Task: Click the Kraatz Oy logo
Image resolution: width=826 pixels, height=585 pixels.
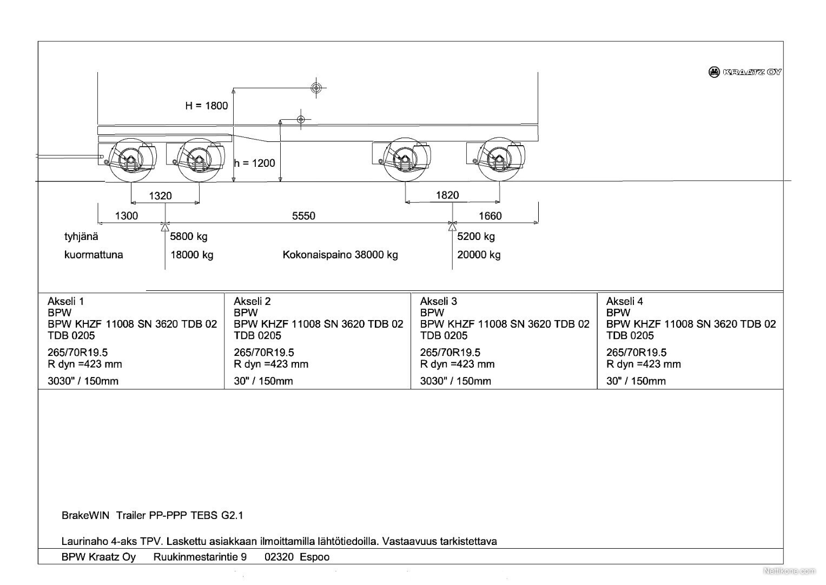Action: (x=744, y=72)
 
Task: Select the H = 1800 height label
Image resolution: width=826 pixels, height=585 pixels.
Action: (x=206, y=106)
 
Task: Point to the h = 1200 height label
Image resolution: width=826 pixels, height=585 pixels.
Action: (x=254, y=163)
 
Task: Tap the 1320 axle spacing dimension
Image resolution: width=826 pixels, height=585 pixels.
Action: (x=161, y=196)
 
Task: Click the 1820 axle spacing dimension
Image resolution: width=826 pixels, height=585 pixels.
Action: (x=447, y=195)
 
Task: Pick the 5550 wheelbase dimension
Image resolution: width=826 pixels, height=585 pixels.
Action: (x=303, y=216)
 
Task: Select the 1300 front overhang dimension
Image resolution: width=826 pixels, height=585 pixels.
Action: (x=127, y=216)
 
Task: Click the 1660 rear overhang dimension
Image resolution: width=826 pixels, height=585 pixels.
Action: (x=490, y=216)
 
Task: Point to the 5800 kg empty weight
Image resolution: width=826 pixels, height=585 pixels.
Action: (x=188, y=236)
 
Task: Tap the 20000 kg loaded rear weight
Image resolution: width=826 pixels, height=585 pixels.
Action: (x=479, y=255)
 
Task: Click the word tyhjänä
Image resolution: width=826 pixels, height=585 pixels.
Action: (x=81, y=236)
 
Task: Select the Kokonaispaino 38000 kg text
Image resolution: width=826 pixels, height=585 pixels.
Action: (x=340, y=255)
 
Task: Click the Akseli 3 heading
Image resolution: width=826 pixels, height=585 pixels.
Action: (x=439, y=301)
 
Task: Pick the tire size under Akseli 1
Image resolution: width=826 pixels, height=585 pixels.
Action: (x=77, y=352)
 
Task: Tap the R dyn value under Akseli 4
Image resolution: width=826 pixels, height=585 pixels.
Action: (x=644, y=364)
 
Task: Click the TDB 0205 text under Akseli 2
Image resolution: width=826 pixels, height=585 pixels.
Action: (x=257, y=335)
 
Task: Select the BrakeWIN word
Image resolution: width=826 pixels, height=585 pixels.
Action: (x=85, y=515)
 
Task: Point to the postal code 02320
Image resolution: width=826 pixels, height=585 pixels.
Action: (x=279, y=557)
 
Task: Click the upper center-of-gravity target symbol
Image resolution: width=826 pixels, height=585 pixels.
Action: (x=316, y=88)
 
